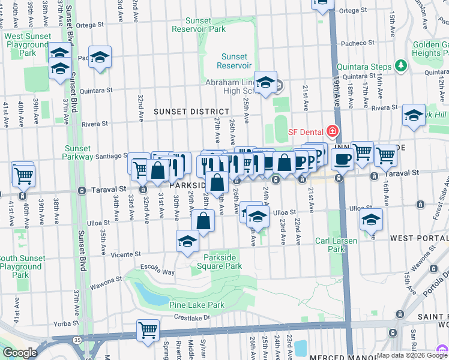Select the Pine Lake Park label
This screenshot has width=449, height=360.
(196, 305)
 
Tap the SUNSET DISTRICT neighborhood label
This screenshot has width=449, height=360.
(191, 112)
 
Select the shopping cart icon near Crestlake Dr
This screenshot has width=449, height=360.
(148, 329)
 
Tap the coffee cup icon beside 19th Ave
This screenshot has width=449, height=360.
(342, 159)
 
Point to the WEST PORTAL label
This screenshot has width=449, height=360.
(418, 238)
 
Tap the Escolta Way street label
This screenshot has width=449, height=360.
(157, 272)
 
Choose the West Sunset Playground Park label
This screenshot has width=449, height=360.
(28, 44)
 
